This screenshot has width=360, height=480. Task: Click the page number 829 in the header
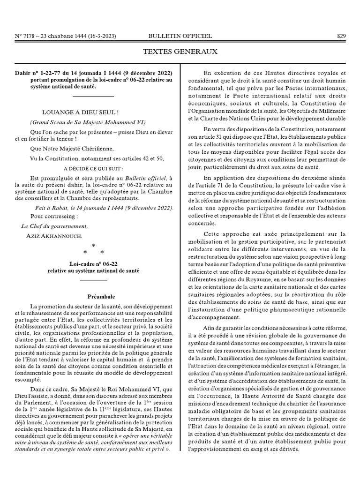[341, 36]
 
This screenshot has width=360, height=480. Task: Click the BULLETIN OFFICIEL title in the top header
[180, 36]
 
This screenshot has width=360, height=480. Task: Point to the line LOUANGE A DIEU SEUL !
[81, 113]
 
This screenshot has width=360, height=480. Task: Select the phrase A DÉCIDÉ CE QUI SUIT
[94, 168]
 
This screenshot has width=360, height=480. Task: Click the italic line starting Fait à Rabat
[102, 208]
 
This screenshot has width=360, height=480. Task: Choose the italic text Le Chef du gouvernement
[54, 226]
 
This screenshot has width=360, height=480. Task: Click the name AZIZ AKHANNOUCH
[55, 235]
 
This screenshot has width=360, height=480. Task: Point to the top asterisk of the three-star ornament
[94, 246]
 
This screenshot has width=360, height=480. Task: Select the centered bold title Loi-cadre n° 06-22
[94, 264]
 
